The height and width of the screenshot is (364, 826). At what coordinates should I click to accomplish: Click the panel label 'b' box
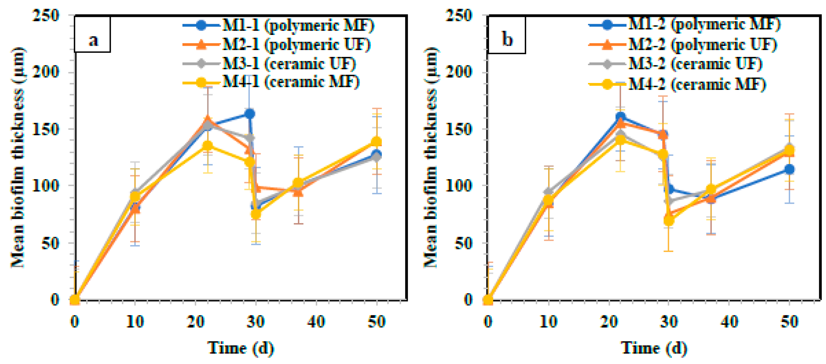507,35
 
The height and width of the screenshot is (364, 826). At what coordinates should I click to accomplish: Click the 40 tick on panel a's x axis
316,321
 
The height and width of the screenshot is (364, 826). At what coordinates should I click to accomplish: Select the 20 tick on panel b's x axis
609,321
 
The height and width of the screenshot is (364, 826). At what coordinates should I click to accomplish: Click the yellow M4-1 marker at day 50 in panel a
376,142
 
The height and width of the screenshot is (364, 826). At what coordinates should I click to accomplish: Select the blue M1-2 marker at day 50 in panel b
789,169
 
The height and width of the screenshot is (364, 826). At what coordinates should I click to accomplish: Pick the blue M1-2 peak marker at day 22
620,117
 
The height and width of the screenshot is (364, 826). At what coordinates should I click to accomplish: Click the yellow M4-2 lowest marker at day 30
669,220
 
